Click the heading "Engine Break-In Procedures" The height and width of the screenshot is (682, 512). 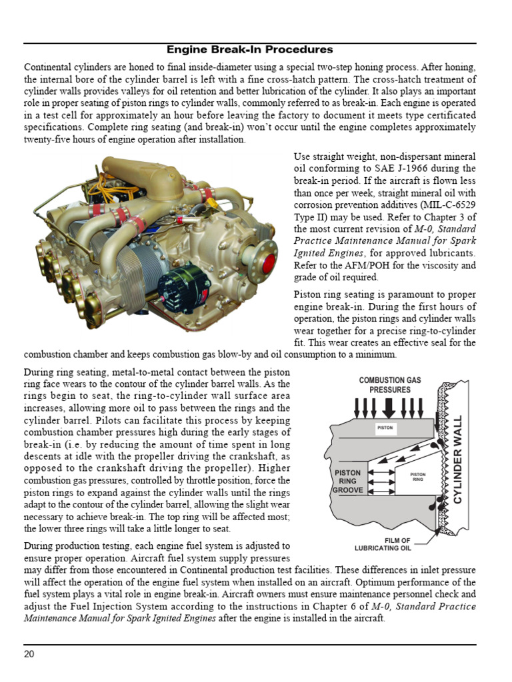(x=249, y=50)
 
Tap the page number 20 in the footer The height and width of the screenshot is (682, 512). (x=29, y=653)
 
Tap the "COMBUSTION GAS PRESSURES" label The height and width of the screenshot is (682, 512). (x=390, y=385)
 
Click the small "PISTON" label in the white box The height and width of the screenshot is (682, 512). (x=385, y=428)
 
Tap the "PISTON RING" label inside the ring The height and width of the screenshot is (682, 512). (x=417, y=476)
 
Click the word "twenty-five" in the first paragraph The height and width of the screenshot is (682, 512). (x=49, y=140)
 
